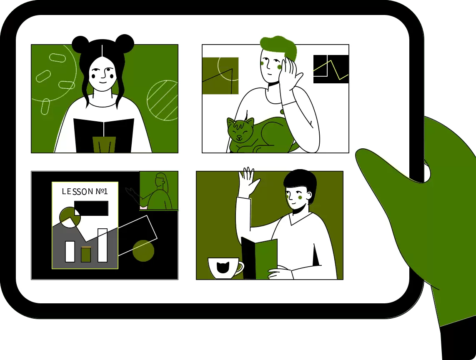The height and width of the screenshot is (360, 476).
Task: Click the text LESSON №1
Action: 85,192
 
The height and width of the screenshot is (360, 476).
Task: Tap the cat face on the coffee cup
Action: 223,267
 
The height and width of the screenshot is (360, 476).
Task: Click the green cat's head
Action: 240,130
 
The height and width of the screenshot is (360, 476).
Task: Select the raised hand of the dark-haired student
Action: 249,182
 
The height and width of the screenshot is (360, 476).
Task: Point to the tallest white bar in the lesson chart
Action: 103,245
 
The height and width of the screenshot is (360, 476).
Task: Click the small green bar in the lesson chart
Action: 86,254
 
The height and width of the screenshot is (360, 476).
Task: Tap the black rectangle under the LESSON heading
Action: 91,208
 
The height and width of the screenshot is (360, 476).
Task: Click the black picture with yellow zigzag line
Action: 331,69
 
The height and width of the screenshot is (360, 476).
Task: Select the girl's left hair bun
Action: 80,44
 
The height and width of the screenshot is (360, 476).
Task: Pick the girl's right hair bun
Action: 125,43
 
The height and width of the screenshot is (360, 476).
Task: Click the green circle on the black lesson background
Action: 143,251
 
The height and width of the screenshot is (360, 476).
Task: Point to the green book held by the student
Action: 266,258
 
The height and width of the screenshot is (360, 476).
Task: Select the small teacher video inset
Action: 159,190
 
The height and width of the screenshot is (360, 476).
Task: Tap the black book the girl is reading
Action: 104,135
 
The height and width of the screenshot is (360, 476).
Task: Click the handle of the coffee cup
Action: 240,268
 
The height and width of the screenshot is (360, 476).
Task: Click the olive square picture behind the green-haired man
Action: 220,75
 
